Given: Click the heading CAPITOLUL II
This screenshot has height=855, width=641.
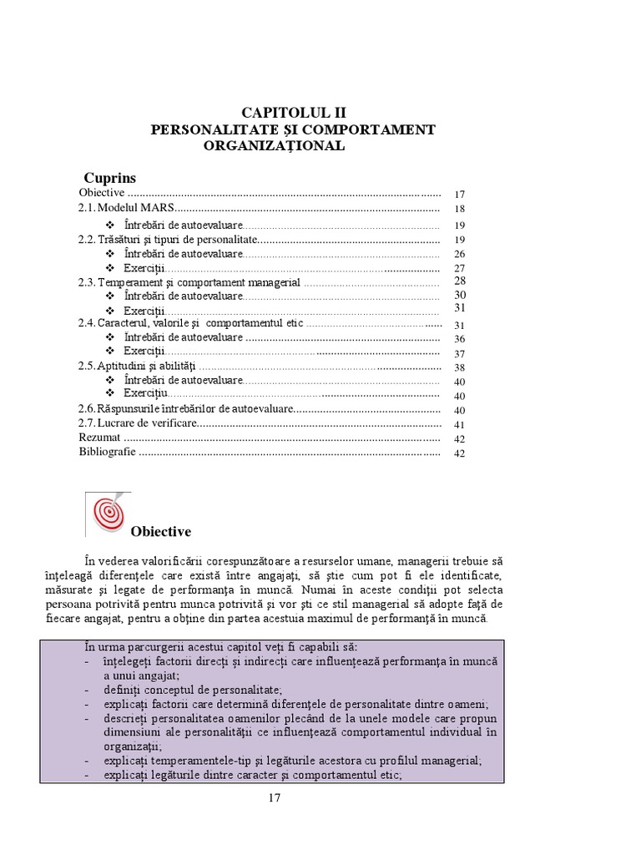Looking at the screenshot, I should click(x=293, y=113).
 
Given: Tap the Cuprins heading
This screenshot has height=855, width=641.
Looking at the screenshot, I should click(x=110, y=178).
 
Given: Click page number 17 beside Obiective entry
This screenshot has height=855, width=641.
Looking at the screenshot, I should click(x=458, y=193).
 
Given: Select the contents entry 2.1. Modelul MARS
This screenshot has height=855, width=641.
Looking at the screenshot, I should click(x=127, y=208).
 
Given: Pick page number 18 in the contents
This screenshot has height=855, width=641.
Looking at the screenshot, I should click(x=458, y=209).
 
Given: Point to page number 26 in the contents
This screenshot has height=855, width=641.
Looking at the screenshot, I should click(x=458, y=254).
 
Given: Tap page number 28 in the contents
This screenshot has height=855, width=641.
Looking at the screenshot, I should click(x=458, y=281).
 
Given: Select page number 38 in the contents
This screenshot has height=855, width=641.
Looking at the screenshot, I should click(x=458, y=367).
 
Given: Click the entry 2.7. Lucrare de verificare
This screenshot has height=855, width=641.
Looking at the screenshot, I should click(x=138, y=424).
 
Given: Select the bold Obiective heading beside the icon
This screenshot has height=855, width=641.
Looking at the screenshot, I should click(x=161, y=532).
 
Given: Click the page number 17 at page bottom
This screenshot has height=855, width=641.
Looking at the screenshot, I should click(x=275, y=797).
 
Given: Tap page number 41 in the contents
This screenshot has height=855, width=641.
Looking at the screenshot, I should click(x=458, y=425).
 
